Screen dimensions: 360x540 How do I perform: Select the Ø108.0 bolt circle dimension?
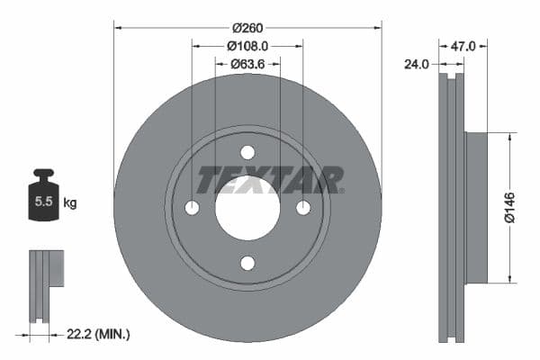coord(247,45)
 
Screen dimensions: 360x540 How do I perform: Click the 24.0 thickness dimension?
coord(418,64)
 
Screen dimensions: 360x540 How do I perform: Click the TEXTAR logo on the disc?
coord(269,180)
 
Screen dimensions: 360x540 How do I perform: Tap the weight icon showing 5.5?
coord(43,200)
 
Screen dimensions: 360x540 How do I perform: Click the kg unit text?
coord(70,203)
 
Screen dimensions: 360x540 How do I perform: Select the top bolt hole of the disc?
coord(247,152)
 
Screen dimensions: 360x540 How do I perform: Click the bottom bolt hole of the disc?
coord(247,263)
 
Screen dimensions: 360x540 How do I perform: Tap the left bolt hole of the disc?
coord(192,208)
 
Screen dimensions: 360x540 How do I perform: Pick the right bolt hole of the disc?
coord(303,208)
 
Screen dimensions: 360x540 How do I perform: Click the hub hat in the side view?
coord(475,207)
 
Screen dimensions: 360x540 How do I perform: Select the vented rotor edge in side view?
coord(451,207)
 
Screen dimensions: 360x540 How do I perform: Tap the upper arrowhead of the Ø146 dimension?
coord(511,137)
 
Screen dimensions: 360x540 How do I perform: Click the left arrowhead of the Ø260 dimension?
coord(118,26)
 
